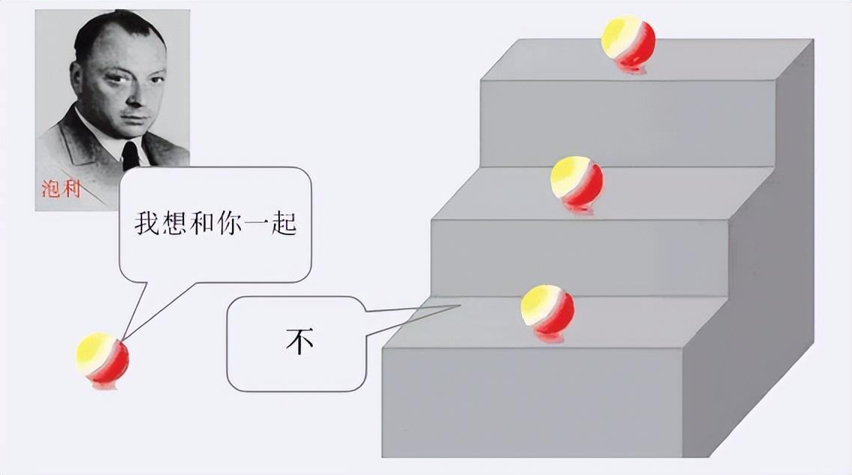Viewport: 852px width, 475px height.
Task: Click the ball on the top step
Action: point(629,42)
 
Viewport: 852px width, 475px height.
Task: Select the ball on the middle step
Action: point(576,182)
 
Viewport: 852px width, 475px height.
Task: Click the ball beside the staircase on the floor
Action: point(103,360)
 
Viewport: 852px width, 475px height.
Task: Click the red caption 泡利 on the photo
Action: point(61,188)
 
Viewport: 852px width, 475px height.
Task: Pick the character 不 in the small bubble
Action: point(299,342)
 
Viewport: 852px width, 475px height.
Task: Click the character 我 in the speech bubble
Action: point(148,223)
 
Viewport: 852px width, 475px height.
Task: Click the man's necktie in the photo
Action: point(130,154)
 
